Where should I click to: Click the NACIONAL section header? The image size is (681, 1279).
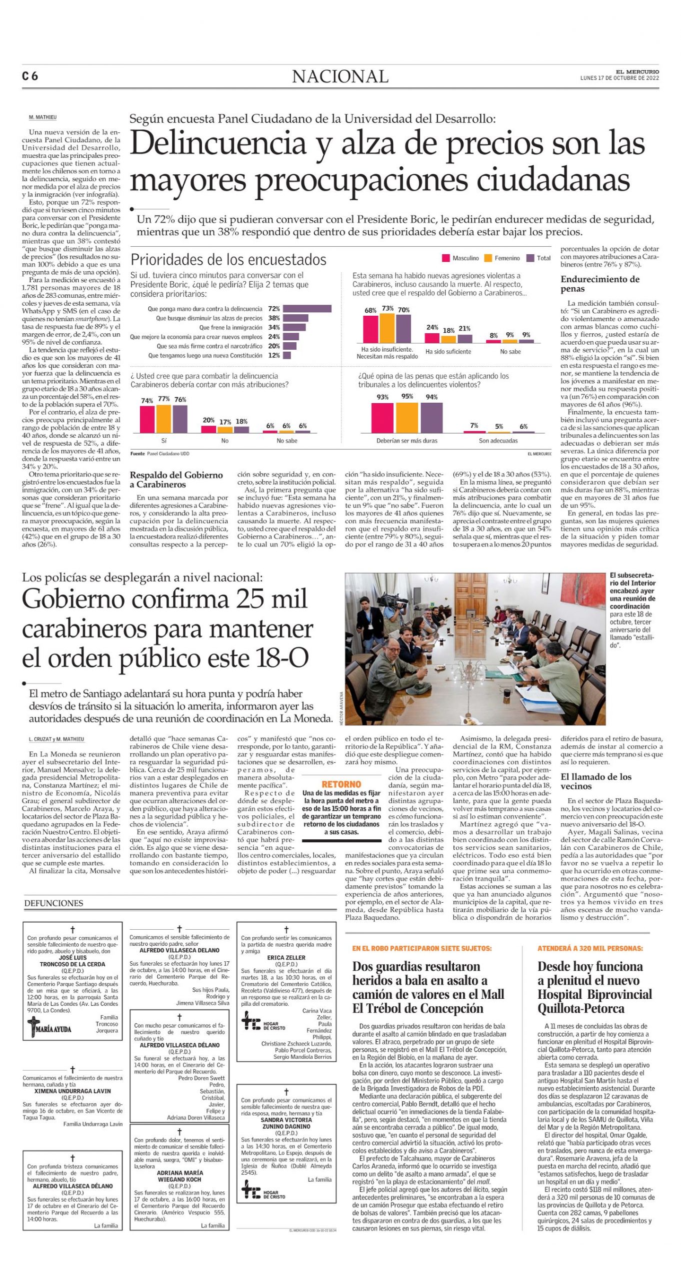point(340,76)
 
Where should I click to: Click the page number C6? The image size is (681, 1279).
point(30,76)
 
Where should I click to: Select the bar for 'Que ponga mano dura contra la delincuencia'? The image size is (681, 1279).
point(307,309)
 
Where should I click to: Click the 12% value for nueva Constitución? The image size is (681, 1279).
point(274,356)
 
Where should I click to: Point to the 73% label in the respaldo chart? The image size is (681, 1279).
point(387,309)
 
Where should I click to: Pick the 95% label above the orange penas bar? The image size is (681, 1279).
point(407,396)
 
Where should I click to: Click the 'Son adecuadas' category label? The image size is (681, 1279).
point(498,441)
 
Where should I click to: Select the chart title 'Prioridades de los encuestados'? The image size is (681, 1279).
point(228,260)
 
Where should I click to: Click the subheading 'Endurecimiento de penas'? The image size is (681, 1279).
point(599,284)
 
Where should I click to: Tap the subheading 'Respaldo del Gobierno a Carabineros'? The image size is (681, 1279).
point(176,480)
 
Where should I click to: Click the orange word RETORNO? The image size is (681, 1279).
point(341,784)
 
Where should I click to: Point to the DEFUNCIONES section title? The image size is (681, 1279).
point(53,903)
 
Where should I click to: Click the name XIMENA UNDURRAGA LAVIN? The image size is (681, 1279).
point(72,1091)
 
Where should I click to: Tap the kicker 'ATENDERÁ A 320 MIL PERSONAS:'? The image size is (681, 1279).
point(590,948)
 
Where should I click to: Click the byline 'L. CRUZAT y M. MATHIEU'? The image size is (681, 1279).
point(56,739)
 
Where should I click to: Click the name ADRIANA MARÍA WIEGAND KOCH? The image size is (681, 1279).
point(179,1176)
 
